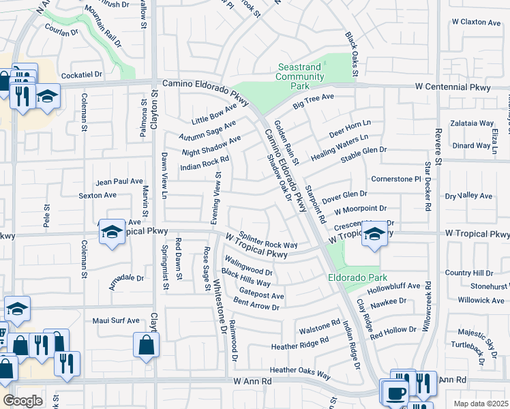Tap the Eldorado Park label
[x=357, y=277]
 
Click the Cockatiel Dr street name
[x=81, y=74]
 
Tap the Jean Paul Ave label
[x=119, y=182]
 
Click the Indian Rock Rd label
[x=204, y=164]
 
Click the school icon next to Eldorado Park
[x=374, y=234]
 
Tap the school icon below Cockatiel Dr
[x=47, y=96]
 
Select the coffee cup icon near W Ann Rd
[x=395, y=393]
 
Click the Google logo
[x=22, y=401]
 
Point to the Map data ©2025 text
[x=481, y=404]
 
